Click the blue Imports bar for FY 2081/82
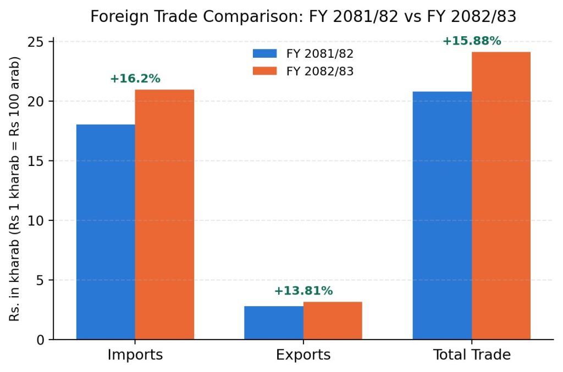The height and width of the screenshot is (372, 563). click(106, 232)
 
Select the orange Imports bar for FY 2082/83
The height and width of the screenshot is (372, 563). click(164, 214)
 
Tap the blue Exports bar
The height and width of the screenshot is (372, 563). click(274, 323)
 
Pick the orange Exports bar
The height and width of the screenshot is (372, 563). click(333, 321)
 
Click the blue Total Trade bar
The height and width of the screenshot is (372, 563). click(442, 215)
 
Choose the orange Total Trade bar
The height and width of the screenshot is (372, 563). click(501, 196)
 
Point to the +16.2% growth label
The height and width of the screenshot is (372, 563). click(135, 79)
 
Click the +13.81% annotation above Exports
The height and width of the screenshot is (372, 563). click(303, 291)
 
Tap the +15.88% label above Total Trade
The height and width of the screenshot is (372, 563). click(472, 41)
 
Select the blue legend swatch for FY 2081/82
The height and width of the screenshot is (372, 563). click(264, 53)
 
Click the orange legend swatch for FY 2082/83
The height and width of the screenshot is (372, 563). click(264, 71)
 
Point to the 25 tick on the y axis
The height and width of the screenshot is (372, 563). click(35, 42)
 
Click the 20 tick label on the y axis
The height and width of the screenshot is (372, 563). click(35, 102)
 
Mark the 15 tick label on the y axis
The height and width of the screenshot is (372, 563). click(35, 161)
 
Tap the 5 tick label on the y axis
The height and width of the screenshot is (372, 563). click(40, 280)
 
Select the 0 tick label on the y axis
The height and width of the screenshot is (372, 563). click(40, 340)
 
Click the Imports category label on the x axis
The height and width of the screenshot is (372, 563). click(135, 355)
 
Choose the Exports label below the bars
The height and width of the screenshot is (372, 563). click(303, 355)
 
